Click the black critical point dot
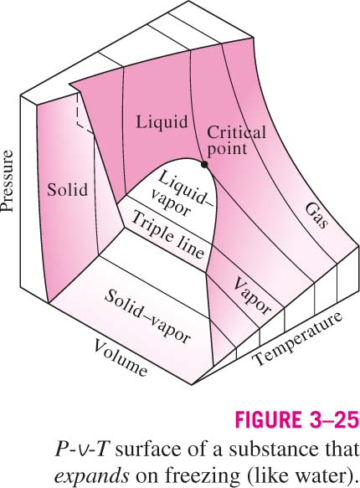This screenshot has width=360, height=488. (204, 165)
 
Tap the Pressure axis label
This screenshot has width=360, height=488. (8, 182)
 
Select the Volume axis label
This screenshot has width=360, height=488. (120, 357)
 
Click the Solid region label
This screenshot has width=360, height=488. (67, 189)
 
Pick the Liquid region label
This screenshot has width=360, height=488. (162, 121)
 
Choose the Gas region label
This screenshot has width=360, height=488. (316, 216)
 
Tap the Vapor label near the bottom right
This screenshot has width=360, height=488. (252, 295)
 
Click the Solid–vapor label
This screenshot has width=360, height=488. (147, 316)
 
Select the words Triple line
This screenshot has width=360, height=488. (168, 235)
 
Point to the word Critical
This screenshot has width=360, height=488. (236, 133)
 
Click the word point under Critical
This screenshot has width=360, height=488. (227, 149)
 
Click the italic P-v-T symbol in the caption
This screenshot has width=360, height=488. (82, 449)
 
